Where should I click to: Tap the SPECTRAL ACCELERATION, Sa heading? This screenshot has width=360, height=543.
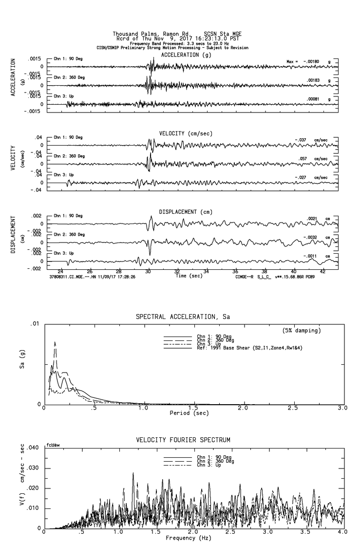(183, 317)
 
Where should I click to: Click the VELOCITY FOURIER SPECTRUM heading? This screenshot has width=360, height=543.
(183, 440)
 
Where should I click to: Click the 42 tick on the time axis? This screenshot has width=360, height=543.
(322, 271)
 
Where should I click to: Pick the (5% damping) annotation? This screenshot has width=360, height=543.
(302, 331)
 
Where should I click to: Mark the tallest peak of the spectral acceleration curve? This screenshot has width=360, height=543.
(55, 342)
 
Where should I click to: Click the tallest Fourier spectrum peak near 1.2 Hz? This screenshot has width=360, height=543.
(133, 473)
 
